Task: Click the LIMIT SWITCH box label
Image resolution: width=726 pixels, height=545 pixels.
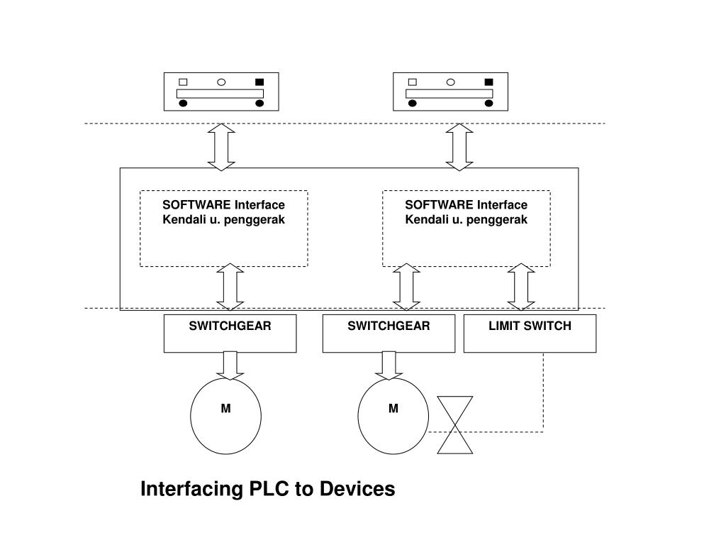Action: point(530,326)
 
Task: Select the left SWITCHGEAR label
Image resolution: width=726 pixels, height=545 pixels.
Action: point(230,326)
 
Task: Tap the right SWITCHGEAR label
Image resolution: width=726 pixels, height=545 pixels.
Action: point(389,326)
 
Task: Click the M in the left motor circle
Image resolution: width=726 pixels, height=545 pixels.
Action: point(225,408)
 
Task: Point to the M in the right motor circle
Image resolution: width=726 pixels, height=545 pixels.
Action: point(393,408)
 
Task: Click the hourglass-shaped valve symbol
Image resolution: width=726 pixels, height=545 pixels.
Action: point(455,425)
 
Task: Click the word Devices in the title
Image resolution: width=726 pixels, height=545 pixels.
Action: point(357,489)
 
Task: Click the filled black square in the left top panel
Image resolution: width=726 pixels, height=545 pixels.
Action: point(259,82)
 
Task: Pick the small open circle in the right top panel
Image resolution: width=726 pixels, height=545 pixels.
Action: point(450,82)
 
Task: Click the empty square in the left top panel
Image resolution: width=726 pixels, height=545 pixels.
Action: point(183,82)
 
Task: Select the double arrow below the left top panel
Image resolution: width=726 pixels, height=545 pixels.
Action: point(221,147)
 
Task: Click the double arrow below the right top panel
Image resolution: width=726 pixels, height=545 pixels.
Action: point(459,147)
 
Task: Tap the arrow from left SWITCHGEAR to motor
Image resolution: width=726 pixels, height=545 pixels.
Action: point(230,365)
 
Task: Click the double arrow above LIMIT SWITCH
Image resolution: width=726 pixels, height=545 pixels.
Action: point(521,287)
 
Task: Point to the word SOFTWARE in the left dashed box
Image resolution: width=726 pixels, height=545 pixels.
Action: point(196,205)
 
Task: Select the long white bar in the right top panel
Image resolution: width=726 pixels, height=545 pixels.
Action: point(449,94)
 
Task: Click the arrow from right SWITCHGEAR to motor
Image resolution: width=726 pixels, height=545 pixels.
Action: point(389,365)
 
